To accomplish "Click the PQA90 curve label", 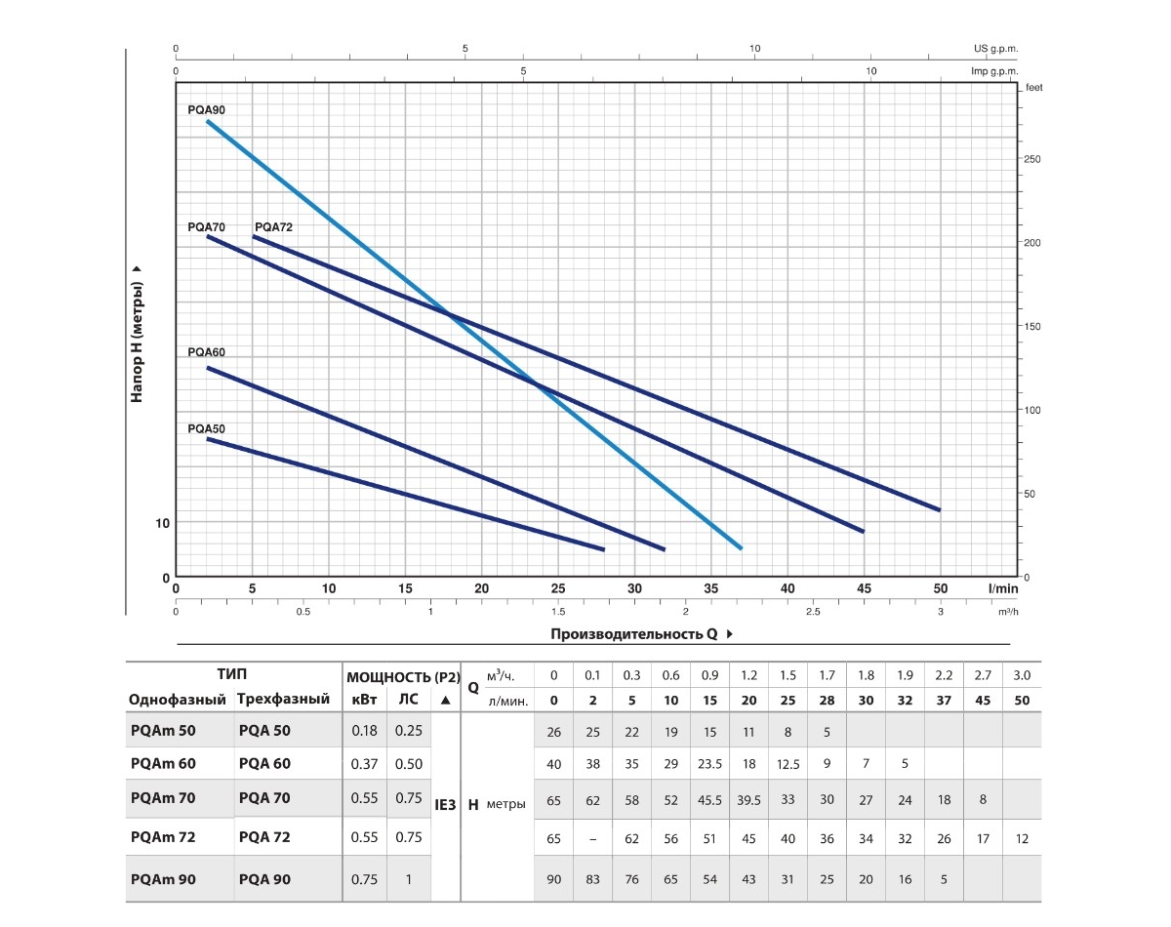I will tap(206, 110).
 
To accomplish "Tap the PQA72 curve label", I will tap(273, 226).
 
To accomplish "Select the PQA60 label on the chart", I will tap(206, 352).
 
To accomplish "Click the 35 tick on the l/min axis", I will tap(711, 588).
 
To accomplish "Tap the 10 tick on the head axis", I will tap(163, 523).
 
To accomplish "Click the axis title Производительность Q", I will tap(634, 634).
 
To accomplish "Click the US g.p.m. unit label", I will tap(995, 49).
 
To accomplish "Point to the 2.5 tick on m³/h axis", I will tap(813, 612).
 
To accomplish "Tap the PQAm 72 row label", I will tap(163, 836).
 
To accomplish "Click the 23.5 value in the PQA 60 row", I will tap(709, 764).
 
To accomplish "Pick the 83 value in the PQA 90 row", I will tap(593, 879).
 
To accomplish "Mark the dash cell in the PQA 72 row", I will tap(593, 837).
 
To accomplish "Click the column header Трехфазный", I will tap(279, 700).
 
